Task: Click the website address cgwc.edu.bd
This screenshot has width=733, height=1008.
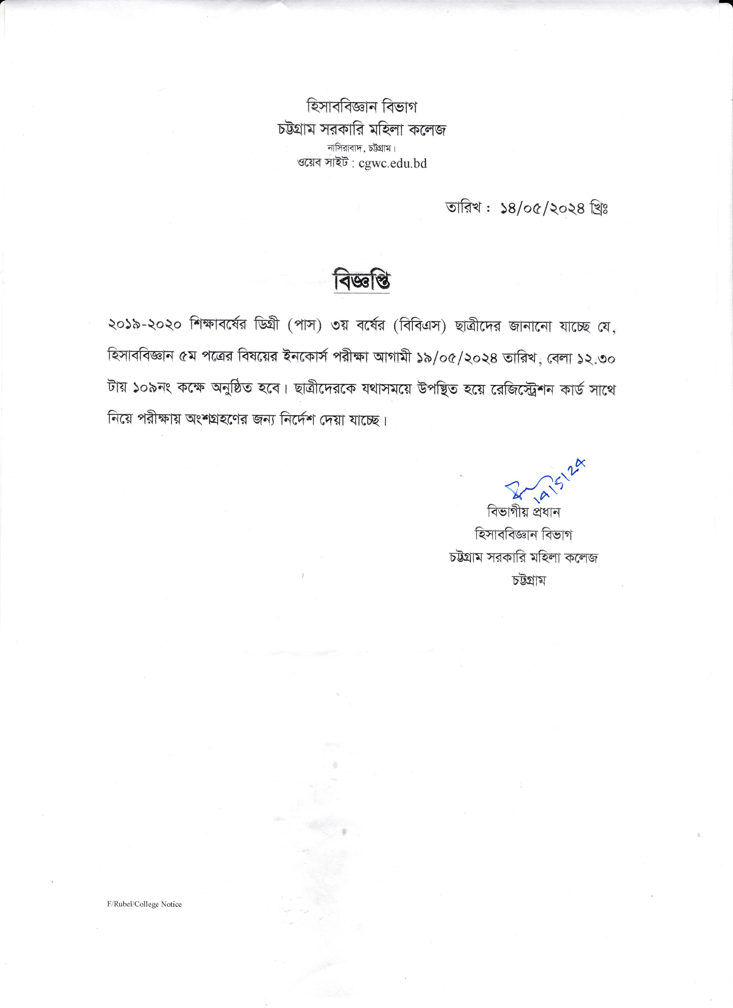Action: click(x=392, y=163)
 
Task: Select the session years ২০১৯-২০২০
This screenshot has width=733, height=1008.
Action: click(x=144, y=325)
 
